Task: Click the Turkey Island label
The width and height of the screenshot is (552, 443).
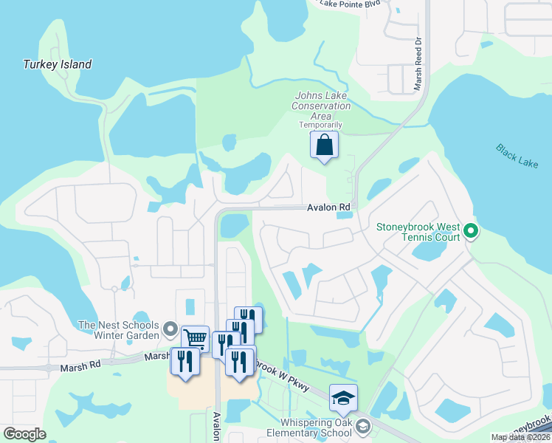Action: [x=57, y=64]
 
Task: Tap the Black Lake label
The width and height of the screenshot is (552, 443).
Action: [x=517, y=156]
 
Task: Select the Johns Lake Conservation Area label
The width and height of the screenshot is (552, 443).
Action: [x=322, y=106]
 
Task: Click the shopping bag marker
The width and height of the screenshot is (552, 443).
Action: [x=325, y=145]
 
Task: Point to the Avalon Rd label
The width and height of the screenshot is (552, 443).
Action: [x=328, y=209]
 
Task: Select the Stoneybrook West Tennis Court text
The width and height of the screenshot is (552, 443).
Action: [x=418, y=232]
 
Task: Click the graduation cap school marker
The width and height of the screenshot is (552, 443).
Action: [x=343, y=399]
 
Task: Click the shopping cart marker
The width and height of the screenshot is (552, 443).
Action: [x=195, y=339]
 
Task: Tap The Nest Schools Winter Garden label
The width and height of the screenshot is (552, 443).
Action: [x=118, y=330]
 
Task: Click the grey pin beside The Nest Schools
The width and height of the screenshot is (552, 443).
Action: [x=170, y=329]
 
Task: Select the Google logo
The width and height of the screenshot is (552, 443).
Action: [x=24, y=434]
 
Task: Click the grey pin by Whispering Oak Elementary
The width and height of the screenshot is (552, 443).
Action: [x=362, y=426]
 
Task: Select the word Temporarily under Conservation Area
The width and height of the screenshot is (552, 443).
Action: [x=321, y=125]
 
